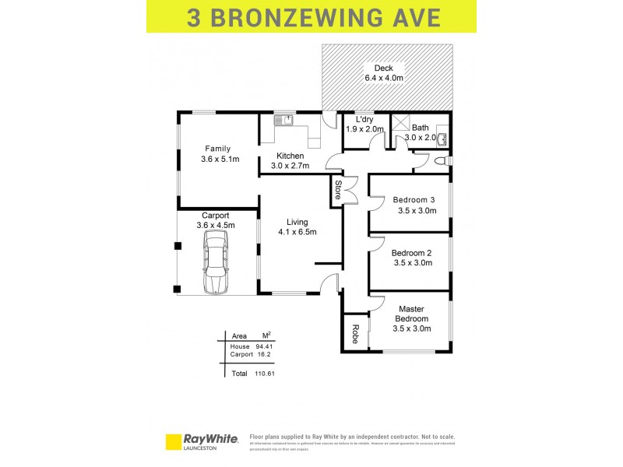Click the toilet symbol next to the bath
pyautogui.click(x=442, y=161)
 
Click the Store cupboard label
pyautogui.click(x=338, y=191)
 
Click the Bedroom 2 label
pyautogui.click(x=411, y=252)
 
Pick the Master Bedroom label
pyautogui.click(x=411, y=314)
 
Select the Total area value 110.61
pyautogui.click(x=265, y=374)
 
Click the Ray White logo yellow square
pyautogui.click(x=173, y=441)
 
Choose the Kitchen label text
pyautogui.click(x=290, y=156)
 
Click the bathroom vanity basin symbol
pyautogui.click(x=442, y=139)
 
